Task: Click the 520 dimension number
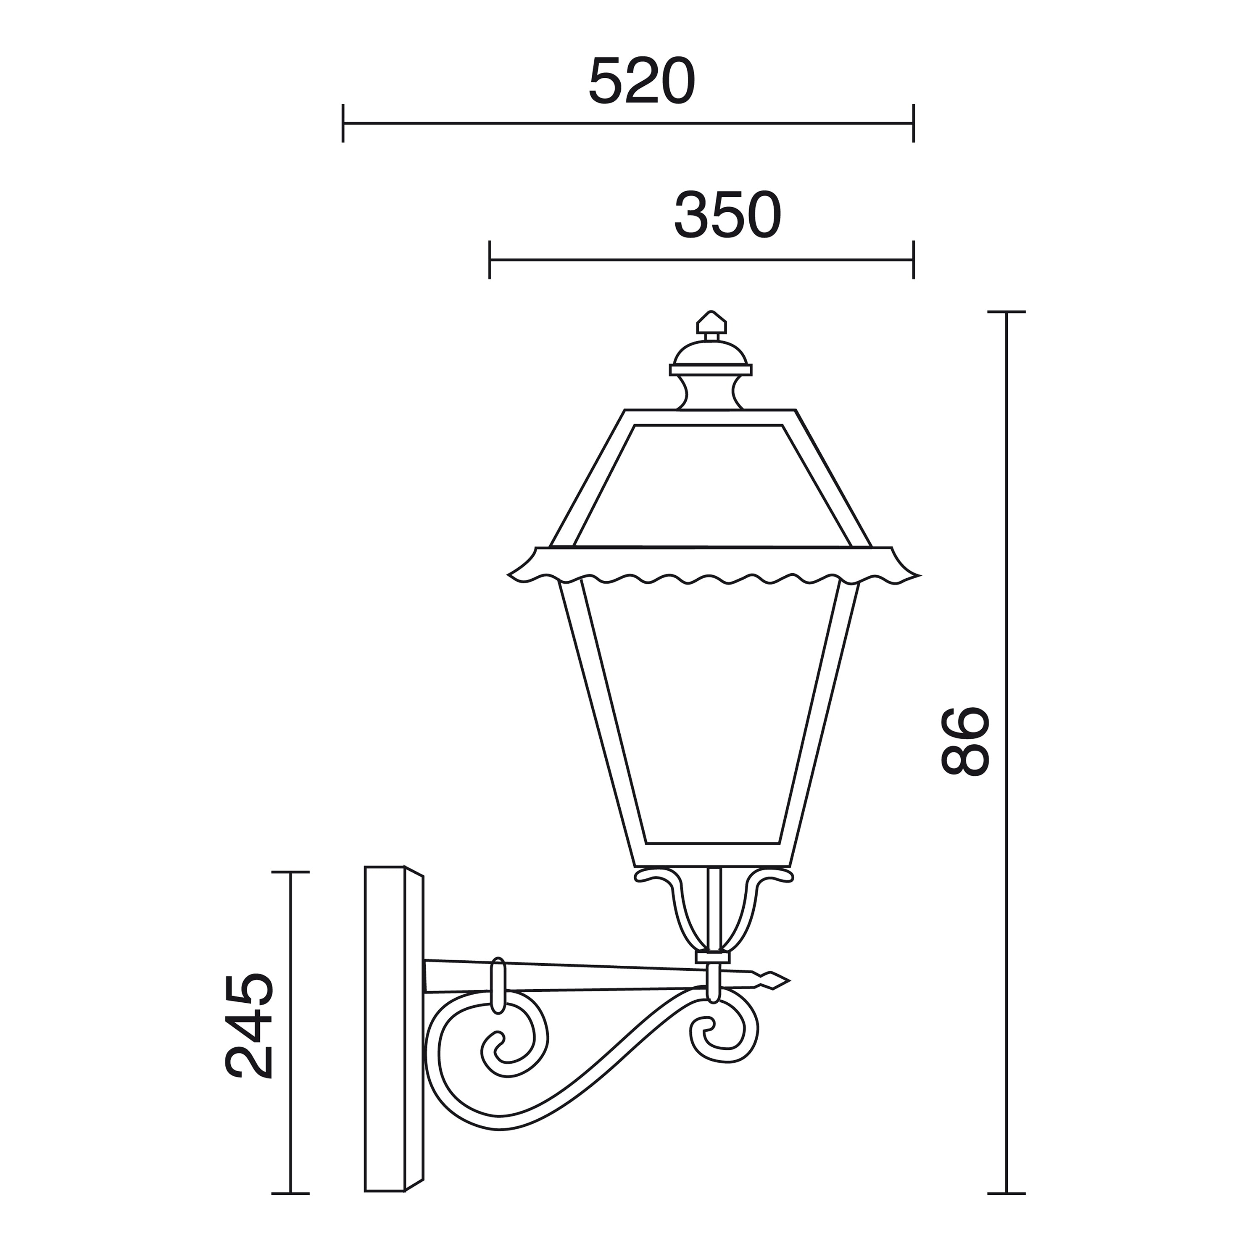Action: point(642,82)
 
